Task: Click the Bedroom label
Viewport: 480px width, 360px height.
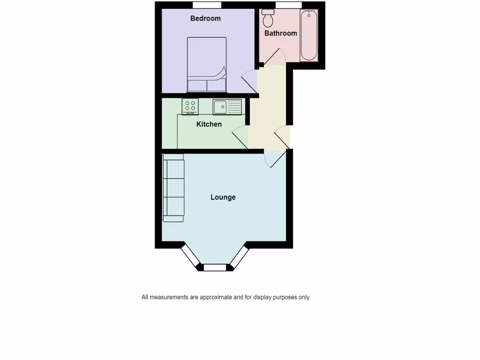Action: tap(205, 19)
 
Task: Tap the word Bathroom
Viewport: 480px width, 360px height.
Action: tap(281, 33)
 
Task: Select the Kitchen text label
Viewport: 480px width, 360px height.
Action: tap(209, 124)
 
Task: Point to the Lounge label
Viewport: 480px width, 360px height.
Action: tap(223, 197)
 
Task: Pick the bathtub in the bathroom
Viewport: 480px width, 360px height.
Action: tap(309, 35)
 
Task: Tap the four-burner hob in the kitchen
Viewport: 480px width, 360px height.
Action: tap(190, 106)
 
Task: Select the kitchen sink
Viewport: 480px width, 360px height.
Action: tap(227, 107)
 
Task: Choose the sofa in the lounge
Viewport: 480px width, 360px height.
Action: tap(173, 187)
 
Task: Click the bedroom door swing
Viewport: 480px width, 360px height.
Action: tap(250, 81)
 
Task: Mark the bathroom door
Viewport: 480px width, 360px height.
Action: tap(274, 58)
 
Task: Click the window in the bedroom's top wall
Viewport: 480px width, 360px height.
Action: tap(207, 5)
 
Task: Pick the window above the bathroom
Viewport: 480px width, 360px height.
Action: tap(289, 5)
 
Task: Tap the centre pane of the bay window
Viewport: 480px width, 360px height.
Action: tap(215, 268)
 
